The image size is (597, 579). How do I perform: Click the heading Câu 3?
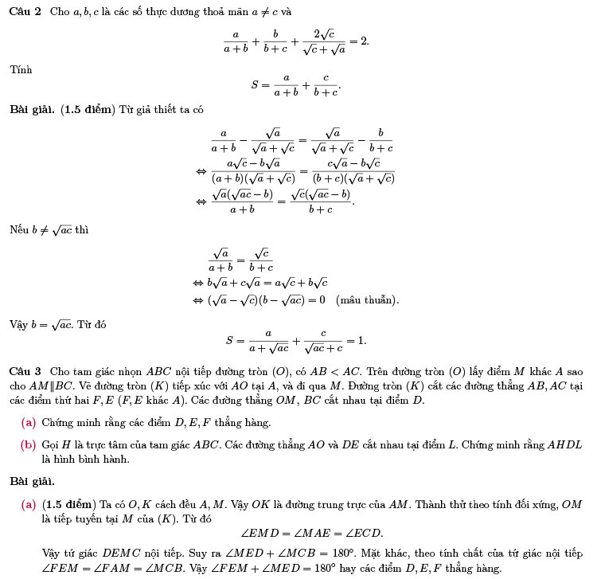click(x=25, y=372)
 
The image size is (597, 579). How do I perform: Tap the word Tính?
click(x=21, y=70)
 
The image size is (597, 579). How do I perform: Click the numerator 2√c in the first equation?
click(x=322, y=33)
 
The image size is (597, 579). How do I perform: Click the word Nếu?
click(x=19, y=230)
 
